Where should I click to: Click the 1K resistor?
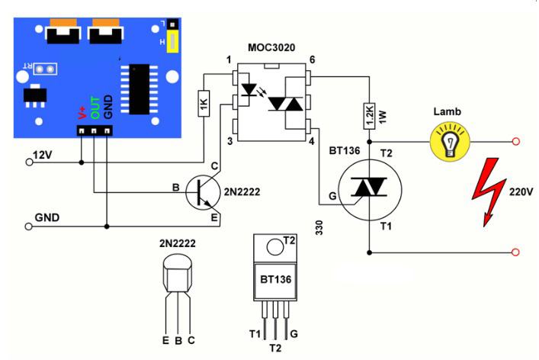click(x=204, y=104)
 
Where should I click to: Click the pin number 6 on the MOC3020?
click(x=311, y=60)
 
